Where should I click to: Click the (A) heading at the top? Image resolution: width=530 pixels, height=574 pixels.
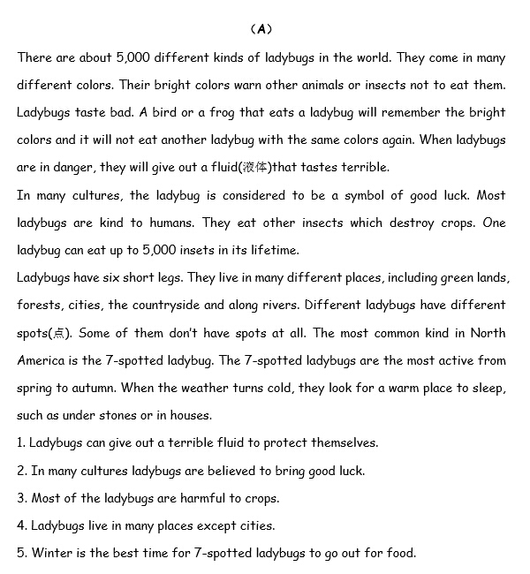pyautogui.click(x=261, y=29)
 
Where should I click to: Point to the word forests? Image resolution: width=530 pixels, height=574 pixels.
pyautogui.click(x=40, y=305)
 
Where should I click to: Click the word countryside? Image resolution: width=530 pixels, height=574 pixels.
pyautogui.click(x=164, y=305)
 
